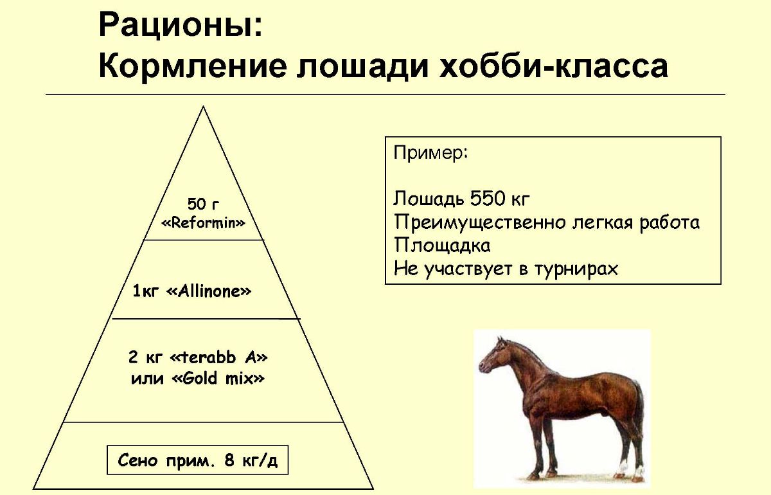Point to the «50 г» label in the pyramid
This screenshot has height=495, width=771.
click(x=203, y=204)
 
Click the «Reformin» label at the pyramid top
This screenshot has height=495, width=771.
click(x=203, y=223)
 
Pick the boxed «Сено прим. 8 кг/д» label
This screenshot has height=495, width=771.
click(x=198, y=461)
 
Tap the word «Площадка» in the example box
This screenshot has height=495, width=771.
click(x=442, y=245)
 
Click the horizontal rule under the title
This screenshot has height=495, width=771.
click(x=385, y=94)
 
